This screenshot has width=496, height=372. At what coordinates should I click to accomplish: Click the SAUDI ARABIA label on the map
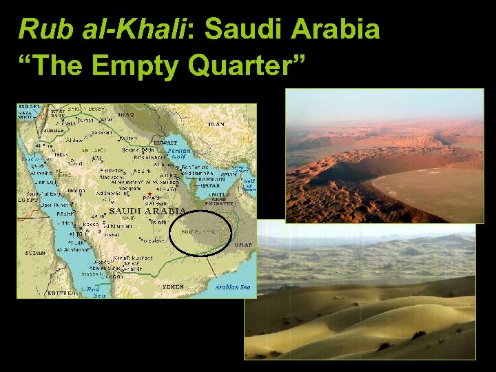145,211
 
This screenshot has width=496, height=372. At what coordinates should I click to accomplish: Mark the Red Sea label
93,291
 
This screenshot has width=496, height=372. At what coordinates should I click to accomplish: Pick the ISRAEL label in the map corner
30,107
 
